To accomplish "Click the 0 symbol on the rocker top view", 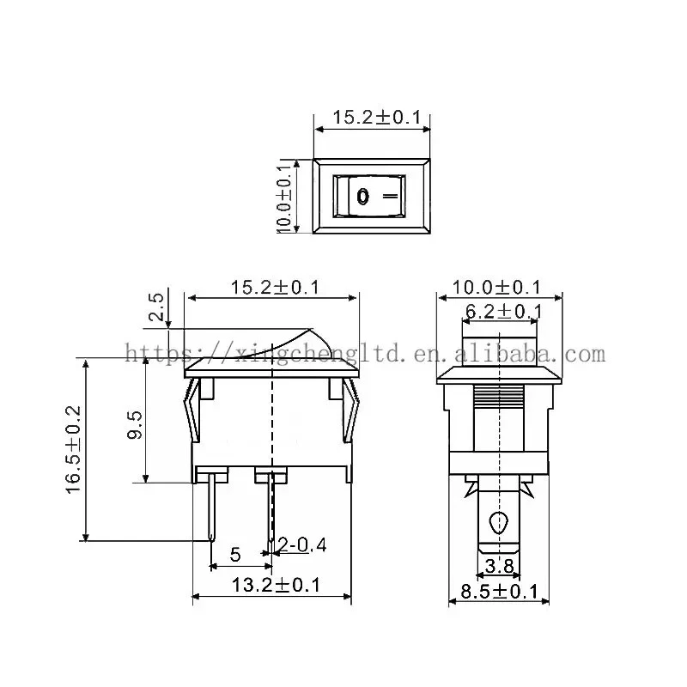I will tap(362, 197).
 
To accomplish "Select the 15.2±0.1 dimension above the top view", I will tap(372, 117).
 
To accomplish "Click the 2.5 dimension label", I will tap(156, 307).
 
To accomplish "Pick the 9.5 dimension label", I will tap(135, 423).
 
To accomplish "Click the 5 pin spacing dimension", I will tap(234, 555).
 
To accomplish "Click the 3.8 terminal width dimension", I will tap(499, 566).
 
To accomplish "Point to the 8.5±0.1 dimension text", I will tap(499, 591).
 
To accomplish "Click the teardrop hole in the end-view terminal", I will tap(498, 521).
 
